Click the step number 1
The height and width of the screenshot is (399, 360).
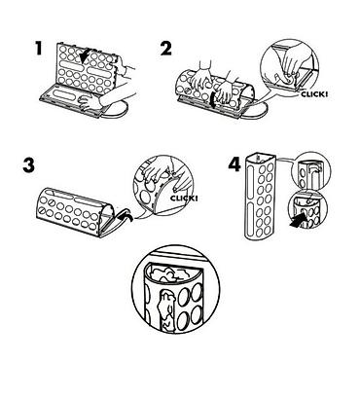point(39,49)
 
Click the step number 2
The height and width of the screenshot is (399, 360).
point(166,49)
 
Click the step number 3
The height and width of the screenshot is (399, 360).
point(28,166)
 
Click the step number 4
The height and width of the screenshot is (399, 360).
point(234,164)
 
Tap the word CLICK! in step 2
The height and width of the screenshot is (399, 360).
point(314,94)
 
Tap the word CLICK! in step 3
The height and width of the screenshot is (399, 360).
point(184,199)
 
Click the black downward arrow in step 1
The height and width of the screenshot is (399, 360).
point(85,55)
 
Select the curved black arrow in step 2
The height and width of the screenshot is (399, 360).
point(212,99)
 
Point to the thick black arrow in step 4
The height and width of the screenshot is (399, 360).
point(298,221)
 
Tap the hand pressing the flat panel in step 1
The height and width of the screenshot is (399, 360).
point(90,101)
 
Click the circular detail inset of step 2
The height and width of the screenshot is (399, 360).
point(290,67)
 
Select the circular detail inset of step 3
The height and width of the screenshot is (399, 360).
point(162,186)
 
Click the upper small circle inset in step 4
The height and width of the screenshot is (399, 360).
point(311,170)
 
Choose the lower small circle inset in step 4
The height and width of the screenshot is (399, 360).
point(307,209)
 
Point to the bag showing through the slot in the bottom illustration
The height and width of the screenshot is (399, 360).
point(166,308)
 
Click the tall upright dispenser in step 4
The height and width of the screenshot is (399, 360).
point(259,198)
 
